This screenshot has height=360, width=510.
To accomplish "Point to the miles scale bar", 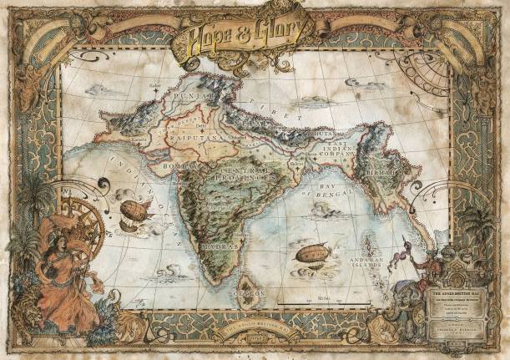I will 324,297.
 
